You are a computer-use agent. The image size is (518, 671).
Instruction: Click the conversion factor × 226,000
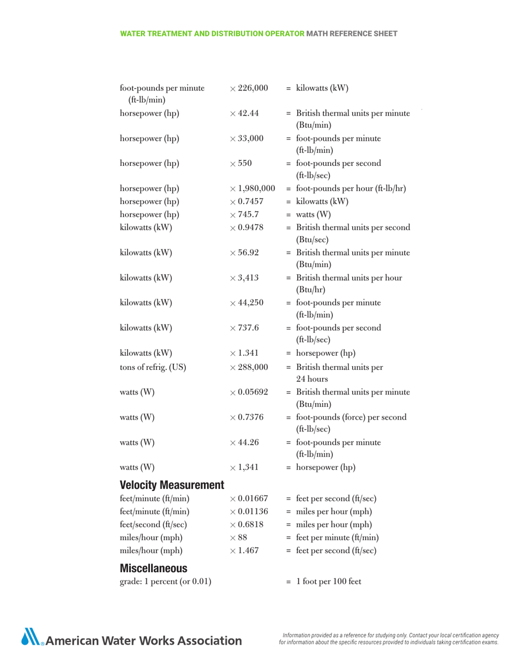[x=249, y=88]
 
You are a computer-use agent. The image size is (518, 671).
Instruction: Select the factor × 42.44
[x=244, y=114]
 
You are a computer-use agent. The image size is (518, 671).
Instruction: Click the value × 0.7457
[x=247, y=202]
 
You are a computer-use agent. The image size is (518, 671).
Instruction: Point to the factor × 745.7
[x=244, y=214]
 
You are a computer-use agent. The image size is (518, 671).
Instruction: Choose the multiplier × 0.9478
[x=247, y=227]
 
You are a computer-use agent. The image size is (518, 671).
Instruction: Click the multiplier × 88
[x=239, y=537]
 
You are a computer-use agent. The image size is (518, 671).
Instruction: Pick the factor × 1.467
[x=244, y=550]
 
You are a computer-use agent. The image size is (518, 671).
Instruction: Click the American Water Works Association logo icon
[x=29, y=637]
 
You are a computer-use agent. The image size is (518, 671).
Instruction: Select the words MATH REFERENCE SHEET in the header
[x=352, y=34]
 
